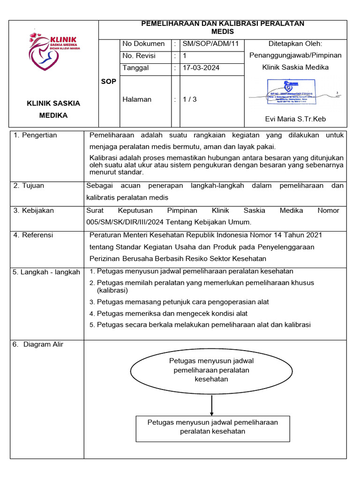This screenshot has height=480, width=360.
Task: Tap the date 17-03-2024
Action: click(201, 68)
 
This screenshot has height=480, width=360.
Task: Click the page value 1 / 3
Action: click(190, 99)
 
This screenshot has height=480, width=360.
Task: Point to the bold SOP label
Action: click(108, 82)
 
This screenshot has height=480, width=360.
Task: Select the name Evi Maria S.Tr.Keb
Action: click(295, 119)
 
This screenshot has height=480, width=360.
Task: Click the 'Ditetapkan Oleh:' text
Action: click(295, 44)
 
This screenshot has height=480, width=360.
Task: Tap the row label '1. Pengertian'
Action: click(35, 135)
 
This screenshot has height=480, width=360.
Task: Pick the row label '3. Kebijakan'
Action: click(34, 210)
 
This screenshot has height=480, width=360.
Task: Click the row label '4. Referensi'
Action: click(33, 235)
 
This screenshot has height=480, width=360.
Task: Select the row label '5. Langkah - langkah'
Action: click(46, 272)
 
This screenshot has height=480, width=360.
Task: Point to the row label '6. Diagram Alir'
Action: click(38, 345)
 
